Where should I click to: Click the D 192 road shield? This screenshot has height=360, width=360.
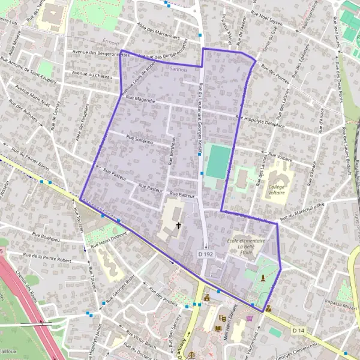tap(203, 254)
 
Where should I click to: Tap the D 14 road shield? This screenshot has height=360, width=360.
tap(299, 331)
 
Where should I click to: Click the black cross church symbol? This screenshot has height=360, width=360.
tap(178, 226)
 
